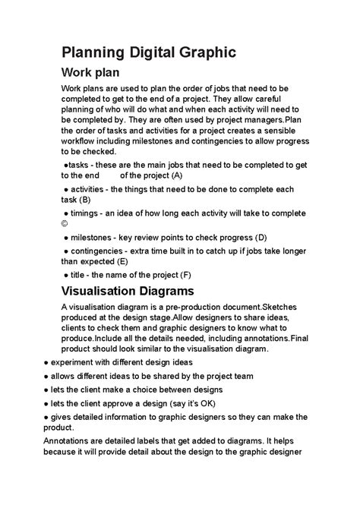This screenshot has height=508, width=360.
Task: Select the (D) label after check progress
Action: [x=261, y=237]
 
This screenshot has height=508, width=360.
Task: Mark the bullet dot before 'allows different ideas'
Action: [x=47, y=376]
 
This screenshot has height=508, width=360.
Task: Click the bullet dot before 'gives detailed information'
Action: [x=47, y=417]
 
